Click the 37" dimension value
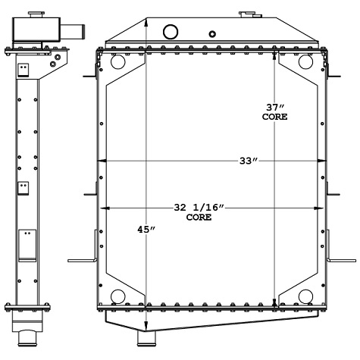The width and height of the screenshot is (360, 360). tap(274, 107)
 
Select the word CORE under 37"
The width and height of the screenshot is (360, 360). tap(274, 117)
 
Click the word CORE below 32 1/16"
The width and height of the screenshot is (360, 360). tap(199, 217)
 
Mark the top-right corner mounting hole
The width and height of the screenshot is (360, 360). tap(305, 61)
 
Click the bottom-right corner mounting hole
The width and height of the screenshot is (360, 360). tap(305, 296)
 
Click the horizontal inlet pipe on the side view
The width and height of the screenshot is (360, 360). tap(70, 33)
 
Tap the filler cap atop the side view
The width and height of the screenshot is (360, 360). tap(34, 14)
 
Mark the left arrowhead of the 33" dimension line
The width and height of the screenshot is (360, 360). tap(102, 161)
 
